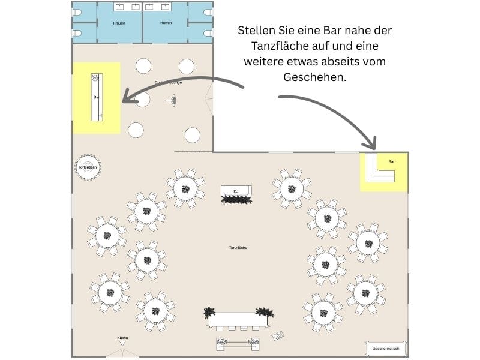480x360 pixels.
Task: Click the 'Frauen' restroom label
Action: (x=119, y=23)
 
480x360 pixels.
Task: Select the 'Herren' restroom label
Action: (x=166, y=23)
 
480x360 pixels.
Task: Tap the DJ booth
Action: (x=236, y=192)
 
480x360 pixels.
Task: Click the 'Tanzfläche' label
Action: (x=238, y=247)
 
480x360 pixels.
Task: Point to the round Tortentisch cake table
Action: (x=88, y=167)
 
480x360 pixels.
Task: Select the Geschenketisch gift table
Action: (x=386, y=348)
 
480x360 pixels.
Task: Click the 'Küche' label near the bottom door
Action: (x=122, y=338)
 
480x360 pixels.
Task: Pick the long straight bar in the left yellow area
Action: (x=97, y=97)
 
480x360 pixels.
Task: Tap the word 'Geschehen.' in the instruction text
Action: (x=314, y=77)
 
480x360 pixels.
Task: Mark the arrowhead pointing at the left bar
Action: (x=127, y=97)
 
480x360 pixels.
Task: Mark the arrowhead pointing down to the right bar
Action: (x=371, y=144)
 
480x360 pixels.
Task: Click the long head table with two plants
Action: (x=238, y=319)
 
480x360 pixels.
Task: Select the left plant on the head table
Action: (x=209, y=312)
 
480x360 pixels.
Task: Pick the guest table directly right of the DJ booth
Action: (x=291, y=188)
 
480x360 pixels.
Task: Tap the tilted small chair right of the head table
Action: (x=278, y=337)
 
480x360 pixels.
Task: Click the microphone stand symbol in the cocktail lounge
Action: (x=172, y=101)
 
